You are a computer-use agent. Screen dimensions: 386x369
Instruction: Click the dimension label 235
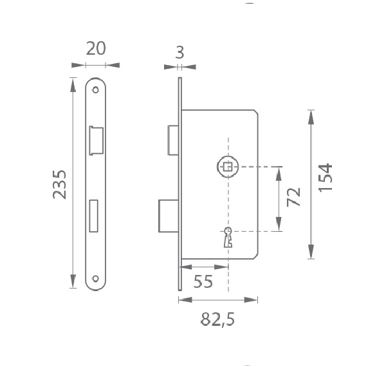pos(60,184)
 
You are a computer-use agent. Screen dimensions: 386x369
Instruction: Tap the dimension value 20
pos(96,48)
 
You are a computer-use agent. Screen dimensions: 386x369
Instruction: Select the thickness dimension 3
pos(179,53)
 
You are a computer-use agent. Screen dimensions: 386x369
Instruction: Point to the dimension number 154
pos(326,178)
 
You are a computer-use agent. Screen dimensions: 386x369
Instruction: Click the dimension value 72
pos(294,197)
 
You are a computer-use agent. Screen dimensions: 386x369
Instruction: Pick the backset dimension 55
pos(203,281)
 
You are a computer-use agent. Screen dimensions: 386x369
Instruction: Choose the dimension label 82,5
pos(218,319)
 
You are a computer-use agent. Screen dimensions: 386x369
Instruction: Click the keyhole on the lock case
pos(228,237)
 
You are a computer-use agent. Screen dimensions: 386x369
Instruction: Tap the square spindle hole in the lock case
pos(228,167)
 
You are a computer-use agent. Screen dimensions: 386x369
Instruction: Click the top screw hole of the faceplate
pos(95,90)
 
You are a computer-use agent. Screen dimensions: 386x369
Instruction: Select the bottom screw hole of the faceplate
pos(95,279)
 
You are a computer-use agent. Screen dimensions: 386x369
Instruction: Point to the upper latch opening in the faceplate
pos(96,141)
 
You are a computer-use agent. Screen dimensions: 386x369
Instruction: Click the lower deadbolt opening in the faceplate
pos(93,216)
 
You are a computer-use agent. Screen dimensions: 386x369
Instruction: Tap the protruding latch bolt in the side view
pos(173,140)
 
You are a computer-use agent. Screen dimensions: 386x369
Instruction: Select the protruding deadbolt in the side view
pos(169,216)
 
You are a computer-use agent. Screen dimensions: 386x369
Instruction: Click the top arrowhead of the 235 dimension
pos(73,85)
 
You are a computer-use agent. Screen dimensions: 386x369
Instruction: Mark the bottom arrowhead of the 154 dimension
pos(311,251)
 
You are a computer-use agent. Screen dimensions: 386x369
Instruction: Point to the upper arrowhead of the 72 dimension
pos(279,174)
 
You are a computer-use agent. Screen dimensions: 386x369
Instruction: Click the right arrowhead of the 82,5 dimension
pos(251,300)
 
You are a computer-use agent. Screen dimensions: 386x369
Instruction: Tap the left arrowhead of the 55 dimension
pos(187,267)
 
